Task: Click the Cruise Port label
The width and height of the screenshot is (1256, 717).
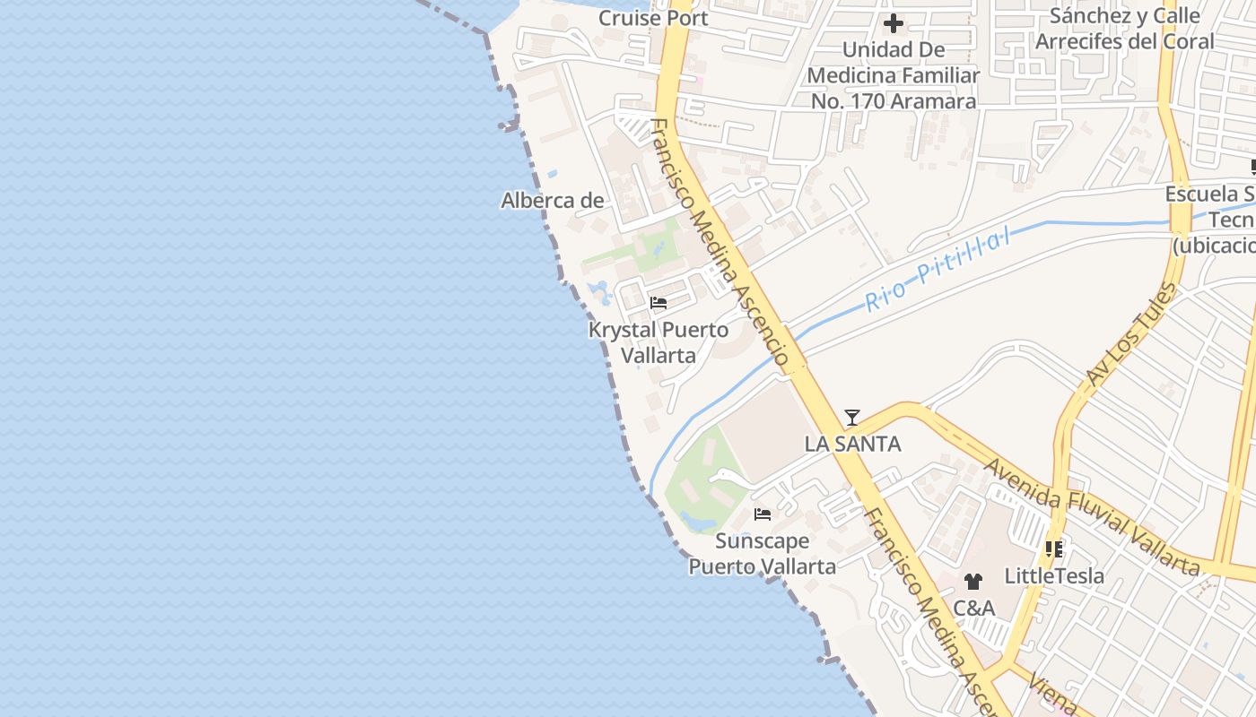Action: [653, 18]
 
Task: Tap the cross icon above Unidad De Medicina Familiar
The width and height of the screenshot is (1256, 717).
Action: [894, 23]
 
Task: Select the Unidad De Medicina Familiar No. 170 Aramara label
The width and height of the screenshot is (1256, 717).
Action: [894, 76]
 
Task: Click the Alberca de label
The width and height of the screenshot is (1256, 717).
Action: [552, 201]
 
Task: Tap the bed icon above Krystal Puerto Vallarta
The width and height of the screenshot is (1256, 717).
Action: [659, 303]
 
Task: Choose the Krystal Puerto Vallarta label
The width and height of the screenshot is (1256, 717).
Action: [659, 342]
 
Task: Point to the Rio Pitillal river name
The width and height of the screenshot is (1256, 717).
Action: [938, 269]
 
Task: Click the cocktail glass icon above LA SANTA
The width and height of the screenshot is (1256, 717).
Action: [852, 418]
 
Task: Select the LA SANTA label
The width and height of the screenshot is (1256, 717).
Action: [852, 444]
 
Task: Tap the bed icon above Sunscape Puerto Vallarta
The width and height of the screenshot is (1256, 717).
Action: [763, 514]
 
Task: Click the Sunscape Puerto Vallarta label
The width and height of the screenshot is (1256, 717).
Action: [763, 554]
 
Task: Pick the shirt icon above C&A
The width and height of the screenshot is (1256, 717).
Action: [973, 582]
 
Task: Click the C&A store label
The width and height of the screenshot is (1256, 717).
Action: [973, 609]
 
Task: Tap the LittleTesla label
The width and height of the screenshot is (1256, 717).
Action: [1054, 575]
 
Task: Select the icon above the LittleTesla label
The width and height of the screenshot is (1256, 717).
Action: [1054, 549]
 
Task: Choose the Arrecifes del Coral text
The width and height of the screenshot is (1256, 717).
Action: [1124, 41]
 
